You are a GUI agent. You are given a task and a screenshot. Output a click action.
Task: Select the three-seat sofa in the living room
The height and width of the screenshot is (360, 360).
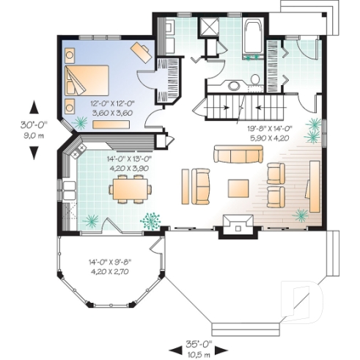click(238, 154)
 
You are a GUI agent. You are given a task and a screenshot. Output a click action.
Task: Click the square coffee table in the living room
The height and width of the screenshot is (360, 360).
click(239, 188)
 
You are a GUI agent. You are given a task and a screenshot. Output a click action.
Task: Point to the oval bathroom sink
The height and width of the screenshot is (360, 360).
click(233, 85)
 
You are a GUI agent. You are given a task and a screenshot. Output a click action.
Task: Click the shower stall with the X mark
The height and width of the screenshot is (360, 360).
click(213, 29)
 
